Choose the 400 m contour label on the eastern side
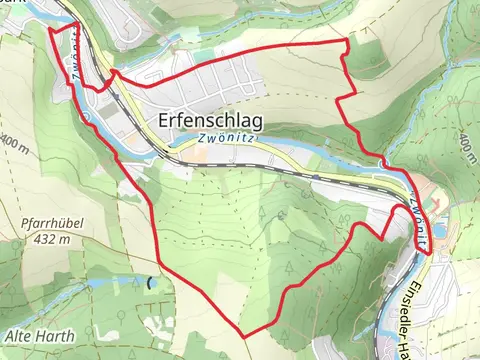click(467, 146)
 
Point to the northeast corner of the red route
click(347, 41)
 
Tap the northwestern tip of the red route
click(50, 29)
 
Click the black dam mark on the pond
click(150, 283)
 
